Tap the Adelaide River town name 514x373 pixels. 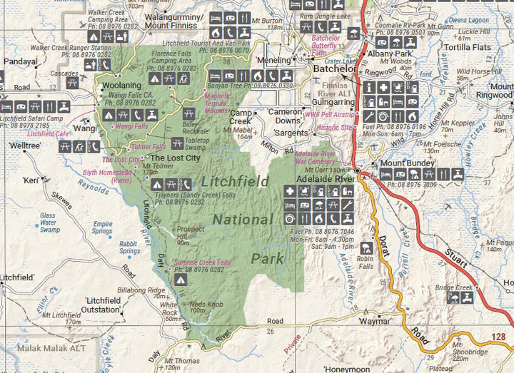coord(319,180)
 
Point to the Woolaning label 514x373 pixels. coord(123,86)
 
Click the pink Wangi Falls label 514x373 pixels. coord(131,126)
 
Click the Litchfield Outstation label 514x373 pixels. coord(101,305)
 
